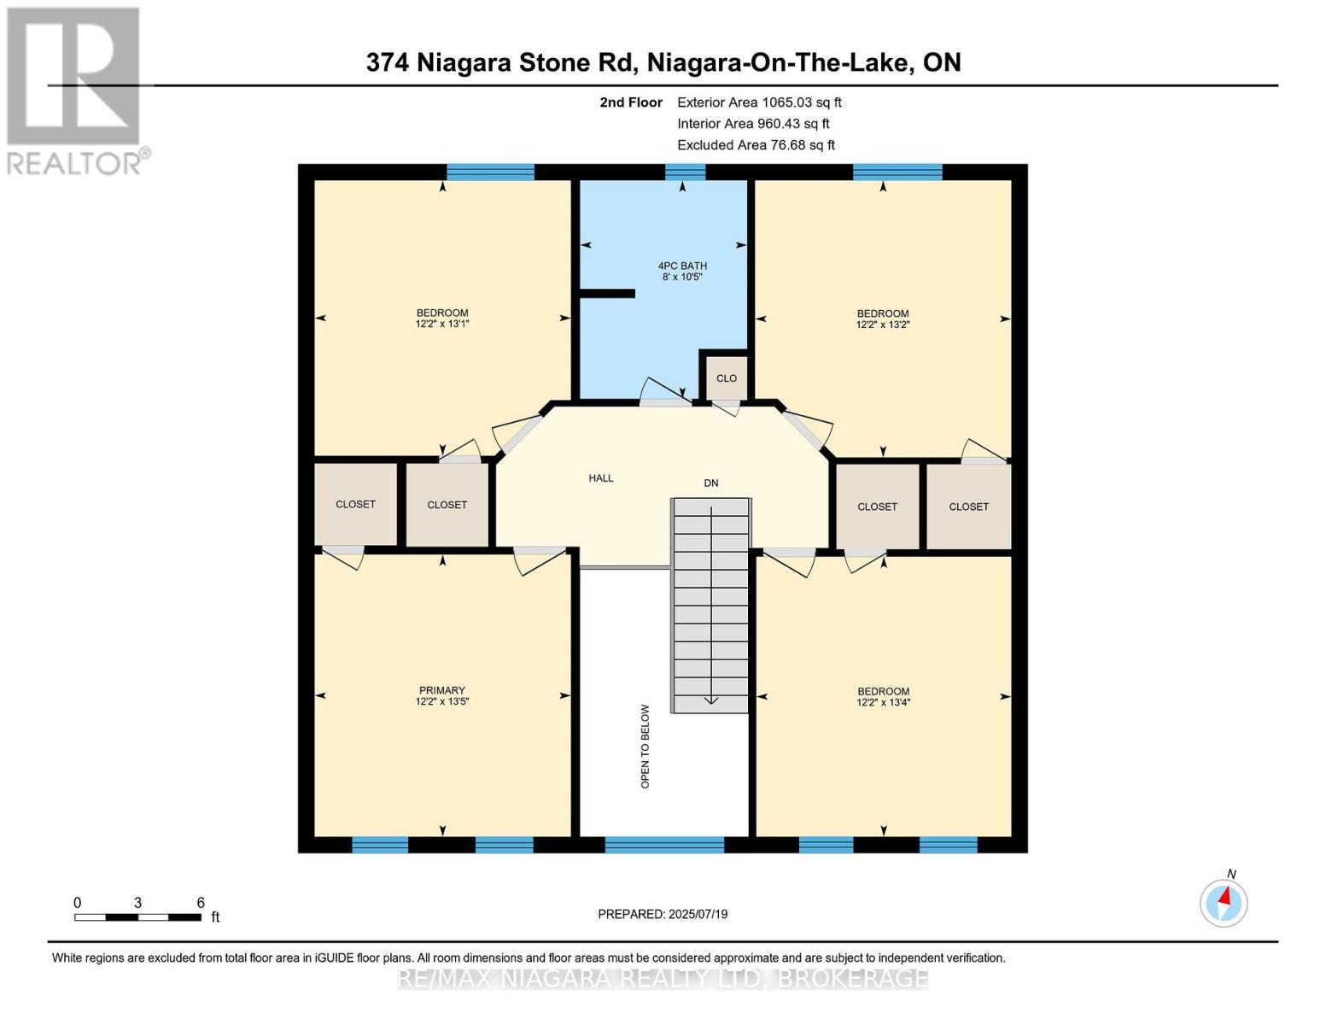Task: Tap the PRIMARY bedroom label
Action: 441,690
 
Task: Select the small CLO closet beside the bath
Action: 726,378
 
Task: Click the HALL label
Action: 600,478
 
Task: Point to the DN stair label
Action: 710,483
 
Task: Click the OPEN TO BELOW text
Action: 645,746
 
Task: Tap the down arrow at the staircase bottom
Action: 710,700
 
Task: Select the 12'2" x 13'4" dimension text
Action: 883,703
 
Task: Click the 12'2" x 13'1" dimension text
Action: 442,324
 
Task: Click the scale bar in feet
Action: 137,917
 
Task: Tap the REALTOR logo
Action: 74,90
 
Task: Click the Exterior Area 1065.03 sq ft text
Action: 759,102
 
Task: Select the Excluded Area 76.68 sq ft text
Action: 756,145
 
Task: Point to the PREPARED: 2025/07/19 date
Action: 663,914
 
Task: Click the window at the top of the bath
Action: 685,173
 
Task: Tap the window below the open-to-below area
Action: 663,845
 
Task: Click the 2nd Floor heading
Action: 630,102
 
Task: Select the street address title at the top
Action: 663,62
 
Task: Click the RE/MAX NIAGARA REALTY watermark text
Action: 663,978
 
